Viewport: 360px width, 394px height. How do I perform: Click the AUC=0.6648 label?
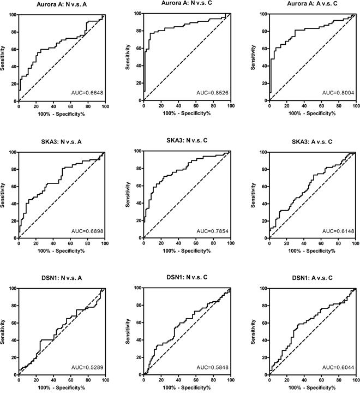coord(87,93)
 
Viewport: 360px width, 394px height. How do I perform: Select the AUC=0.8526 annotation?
coord(212,93)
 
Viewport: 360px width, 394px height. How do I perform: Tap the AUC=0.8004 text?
coord(338,93)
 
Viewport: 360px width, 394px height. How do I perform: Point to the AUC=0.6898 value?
coord(87,231)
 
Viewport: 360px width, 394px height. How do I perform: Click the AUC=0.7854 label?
coord(212,231)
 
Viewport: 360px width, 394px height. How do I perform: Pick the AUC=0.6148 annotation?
coord(338,231)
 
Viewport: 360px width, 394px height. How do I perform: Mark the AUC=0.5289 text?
coord(87,368)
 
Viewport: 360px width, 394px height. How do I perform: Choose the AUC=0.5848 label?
coord(212,368)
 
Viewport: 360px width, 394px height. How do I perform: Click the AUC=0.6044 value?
coord(338,368)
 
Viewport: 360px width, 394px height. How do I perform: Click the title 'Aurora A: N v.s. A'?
coord(62,4)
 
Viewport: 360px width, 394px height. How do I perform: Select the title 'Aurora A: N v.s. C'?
coord(187,3)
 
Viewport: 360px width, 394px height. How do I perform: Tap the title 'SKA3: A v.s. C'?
coord(312,142)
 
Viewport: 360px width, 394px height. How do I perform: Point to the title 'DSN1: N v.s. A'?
coord(62,278)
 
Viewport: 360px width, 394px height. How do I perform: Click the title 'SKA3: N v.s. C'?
coord(187,140)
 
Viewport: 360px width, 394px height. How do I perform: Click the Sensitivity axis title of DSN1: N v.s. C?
coord(128,331)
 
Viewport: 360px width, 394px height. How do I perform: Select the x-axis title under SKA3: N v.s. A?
coord(61,251)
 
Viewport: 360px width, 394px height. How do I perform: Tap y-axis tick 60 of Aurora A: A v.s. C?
coord(264,49)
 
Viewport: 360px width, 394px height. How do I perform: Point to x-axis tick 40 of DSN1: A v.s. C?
coord(304,380)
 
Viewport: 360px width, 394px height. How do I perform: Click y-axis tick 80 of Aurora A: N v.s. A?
coord(13,32)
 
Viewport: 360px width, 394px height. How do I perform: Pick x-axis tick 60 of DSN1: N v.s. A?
coord(71,380)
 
